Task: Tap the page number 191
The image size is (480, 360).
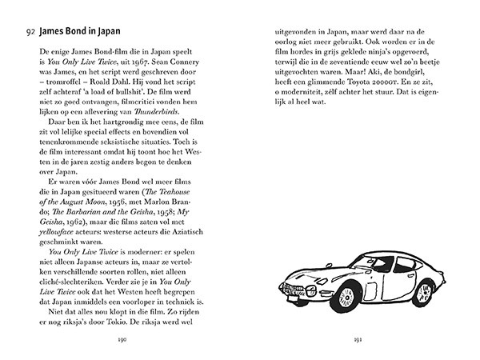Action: coord(358,339)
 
